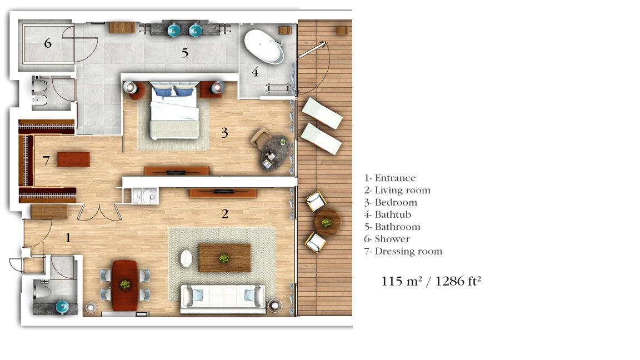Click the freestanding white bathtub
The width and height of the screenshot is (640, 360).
coord(264,47)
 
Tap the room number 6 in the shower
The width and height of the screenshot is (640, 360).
coord(48,43)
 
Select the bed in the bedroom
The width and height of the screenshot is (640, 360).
coord(174,110)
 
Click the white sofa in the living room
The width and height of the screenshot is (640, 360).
coord(223,296)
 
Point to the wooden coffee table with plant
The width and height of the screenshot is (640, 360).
coord(224,258)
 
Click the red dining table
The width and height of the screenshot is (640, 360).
coord(125,286)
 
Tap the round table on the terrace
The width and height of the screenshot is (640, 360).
coord(327,222)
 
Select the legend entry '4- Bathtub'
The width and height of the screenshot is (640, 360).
coord(387,214)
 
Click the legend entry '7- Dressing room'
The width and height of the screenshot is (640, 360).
coord(403,252)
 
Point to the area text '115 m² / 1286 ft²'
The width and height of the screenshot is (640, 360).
coord(431,281)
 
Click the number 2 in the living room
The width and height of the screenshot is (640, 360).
coord(224,214)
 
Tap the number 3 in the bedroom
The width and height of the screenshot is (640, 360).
coord(224,133)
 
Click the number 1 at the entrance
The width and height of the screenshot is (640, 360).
coord(68,238)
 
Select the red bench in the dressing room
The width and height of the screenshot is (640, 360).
coord(73,159)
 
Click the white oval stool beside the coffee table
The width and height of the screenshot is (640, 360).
coord(186,258)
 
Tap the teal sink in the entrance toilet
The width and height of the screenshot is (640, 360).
coord(62,307)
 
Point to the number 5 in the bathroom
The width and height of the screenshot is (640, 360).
coord(185,53)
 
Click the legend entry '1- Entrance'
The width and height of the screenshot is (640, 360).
coord(390,178)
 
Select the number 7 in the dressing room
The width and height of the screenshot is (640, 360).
coord(47,161)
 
